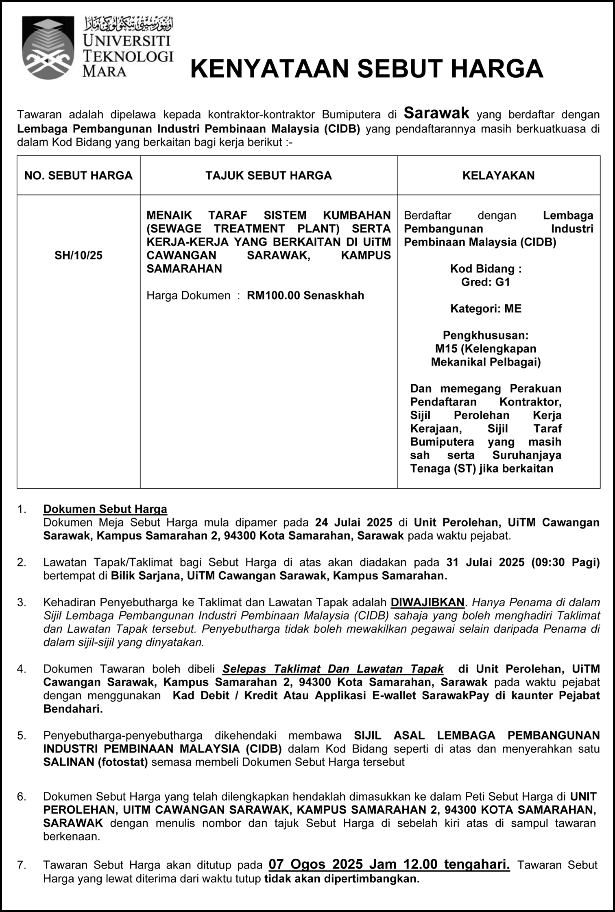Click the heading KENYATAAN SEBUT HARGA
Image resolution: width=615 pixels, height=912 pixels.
pos(366,68)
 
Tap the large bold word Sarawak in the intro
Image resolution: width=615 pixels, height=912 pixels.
pos(436,113)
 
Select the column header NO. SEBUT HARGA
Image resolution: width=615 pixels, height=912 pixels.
pos(79,175)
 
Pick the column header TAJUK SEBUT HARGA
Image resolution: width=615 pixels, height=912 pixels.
pos(268,175)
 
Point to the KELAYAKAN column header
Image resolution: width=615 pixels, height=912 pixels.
pos(498,175)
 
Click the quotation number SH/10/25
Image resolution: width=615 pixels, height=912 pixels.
pos(79,255)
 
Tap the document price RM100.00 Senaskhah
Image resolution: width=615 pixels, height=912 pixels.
pos(305,295)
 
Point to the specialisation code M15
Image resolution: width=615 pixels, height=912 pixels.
pos(446,348)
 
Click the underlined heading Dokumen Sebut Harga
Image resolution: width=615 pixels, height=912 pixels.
pos(105,509)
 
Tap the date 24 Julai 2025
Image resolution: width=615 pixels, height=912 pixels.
pos(353,522)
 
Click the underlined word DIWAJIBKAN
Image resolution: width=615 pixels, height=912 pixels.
pos(427,602)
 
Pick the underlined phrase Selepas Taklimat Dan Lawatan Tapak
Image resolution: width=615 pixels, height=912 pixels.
pos(333,669)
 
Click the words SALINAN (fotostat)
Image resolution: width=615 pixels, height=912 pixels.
pos(95,762)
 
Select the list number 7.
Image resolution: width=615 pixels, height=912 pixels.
pos(21,865)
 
